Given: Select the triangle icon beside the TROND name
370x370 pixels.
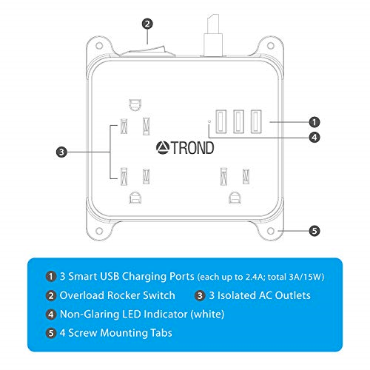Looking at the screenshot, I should pyautogui.click(x=164, y=148).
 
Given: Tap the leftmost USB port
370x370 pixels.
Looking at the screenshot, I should pyautogui.click(x=223, y=121).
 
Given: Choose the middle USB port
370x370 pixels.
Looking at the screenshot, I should pyautogui.click(x=239, y=121).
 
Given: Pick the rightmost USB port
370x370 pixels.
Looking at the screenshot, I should pyautogui.click(x=255, y=121).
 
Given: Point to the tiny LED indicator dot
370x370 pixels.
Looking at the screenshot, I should pyautogui.click(x=209, y=120).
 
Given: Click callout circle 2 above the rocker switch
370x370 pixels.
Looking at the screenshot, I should pyautogui.click(x=148, y=24).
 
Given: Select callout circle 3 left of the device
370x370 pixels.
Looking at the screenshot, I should pyautogui.click(x=61, y=152).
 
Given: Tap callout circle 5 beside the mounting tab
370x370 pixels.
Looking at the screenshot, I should pyautogui.click(x=313, y=231).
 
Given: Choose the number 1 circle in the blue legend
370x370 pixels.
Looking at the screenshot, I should pyautogui.click(x=50, y=276).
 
